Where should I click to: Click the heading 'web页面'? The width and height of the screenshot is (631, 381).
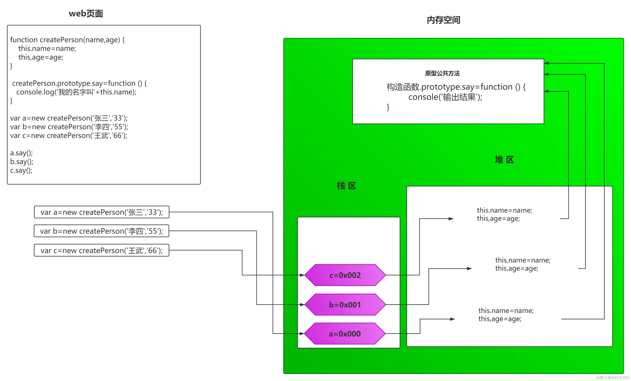(x=86, y=14)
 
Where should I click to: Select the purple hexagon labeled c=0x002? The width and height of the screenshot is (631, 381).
(x=345, y=275)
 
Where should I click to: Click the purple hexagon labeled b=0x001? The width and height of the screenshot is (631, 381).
(x=345, y=305)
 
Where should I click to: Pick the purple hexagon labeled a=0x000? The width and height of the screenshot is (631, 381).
(x=345, y=334)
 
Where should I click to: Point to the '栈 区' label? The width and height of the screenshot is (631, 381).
(x=346, y=186)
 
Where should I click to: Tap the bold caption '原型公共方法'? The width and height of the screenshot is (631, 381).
(x=442, y=73)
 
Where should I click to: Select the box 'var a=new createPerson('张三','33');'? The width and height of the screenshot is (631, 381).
(x=102, y=212)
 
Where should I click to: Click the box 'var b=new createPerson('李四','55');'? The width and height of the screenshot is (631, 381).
(x=102, y=231)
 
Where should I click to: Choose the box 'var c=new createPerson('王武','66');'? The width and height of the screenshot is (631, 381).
(x=102, y=250)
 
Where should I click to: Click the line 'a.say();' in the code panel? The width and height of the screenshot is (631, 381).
(x=21, y=153)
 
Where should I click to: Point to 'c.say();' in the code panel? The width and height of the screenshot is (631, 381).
(x=21, y=170)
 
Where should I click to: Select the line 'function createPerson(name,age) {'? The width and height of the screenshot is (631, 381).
(x=67, y=40)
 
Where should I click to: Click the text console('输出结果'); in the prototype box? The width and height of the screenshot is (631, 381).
(x=445, y=97)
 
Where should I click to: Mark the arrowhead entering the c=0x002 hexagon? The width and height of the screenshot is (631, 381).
(x=302, y=275)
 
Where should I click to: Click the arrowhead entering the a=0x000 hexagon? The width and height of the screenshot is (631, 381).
(x=302, y=334)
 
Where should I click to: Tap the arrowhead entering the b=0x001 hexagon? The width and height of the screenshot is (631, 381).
(x=302, y=305)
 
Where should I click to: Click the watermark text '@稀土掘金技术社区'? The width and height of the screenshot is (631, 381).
(x=613, y=377)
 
